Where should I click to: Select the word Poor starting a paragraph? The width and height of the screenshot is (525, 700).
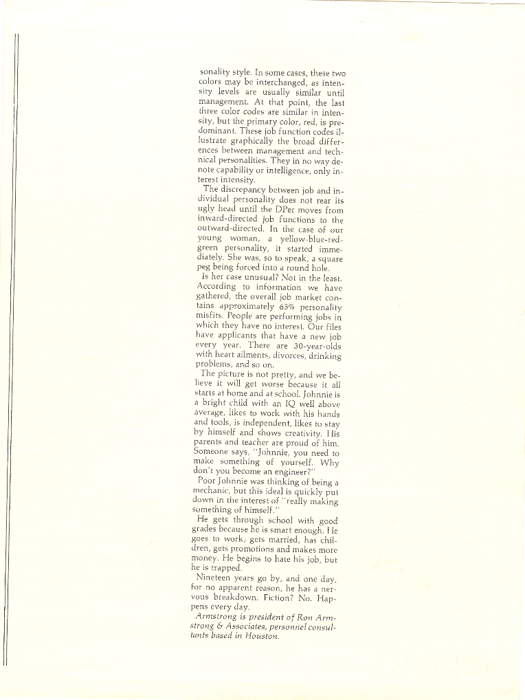click(x=207, y=482)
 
